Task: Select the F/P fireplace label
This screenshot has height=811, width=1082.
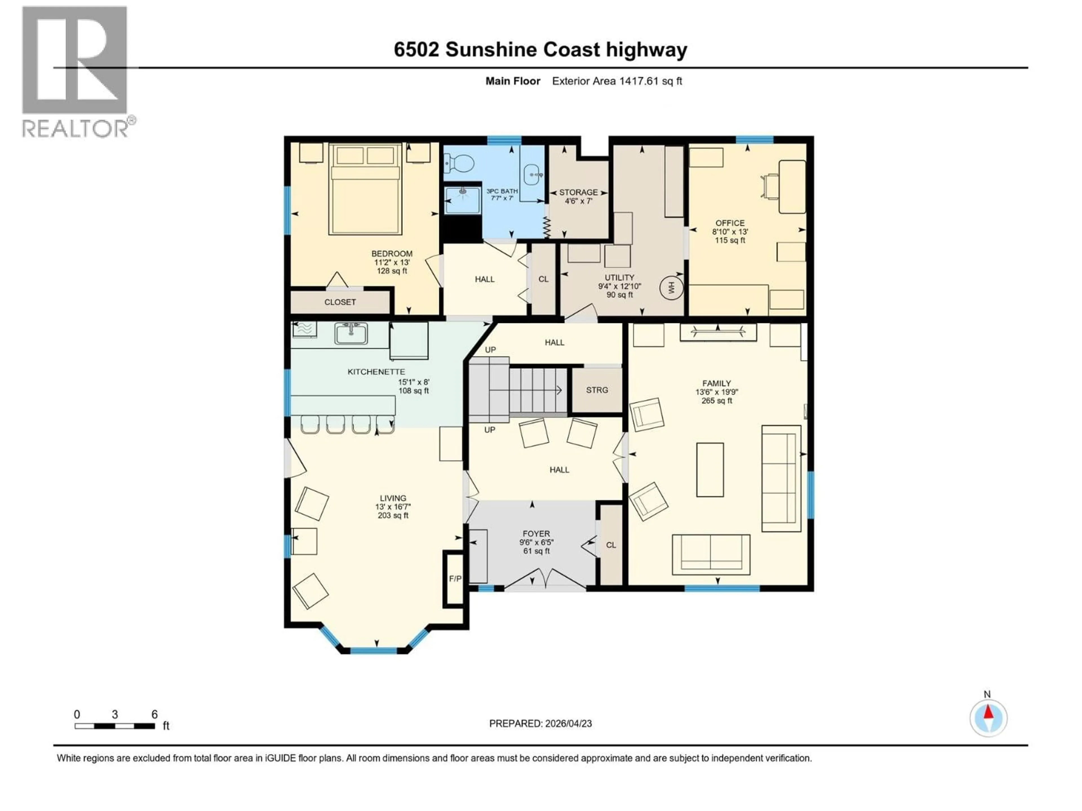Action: click(455, 579)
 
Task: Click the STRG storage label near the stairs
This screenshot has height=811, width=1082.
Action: click(597, 390)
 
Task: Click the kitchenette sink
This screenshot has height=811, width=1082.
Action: click(351, 333)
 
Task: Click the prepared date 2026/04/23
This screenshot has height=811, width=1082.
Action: click(540, 723)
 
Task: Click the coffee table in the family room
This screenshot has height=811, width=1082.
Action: click(710, 470)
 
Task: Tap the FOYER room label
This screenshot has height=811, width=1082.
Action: click(536, 534)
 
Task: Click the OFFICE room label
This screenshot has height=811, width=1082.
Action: click(730, 223)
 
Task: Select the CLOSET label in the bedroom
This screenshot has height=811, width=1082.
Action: click(340, 302)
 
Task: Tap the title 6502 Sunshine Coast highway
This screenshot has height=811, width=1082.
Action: click(540, 50)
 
